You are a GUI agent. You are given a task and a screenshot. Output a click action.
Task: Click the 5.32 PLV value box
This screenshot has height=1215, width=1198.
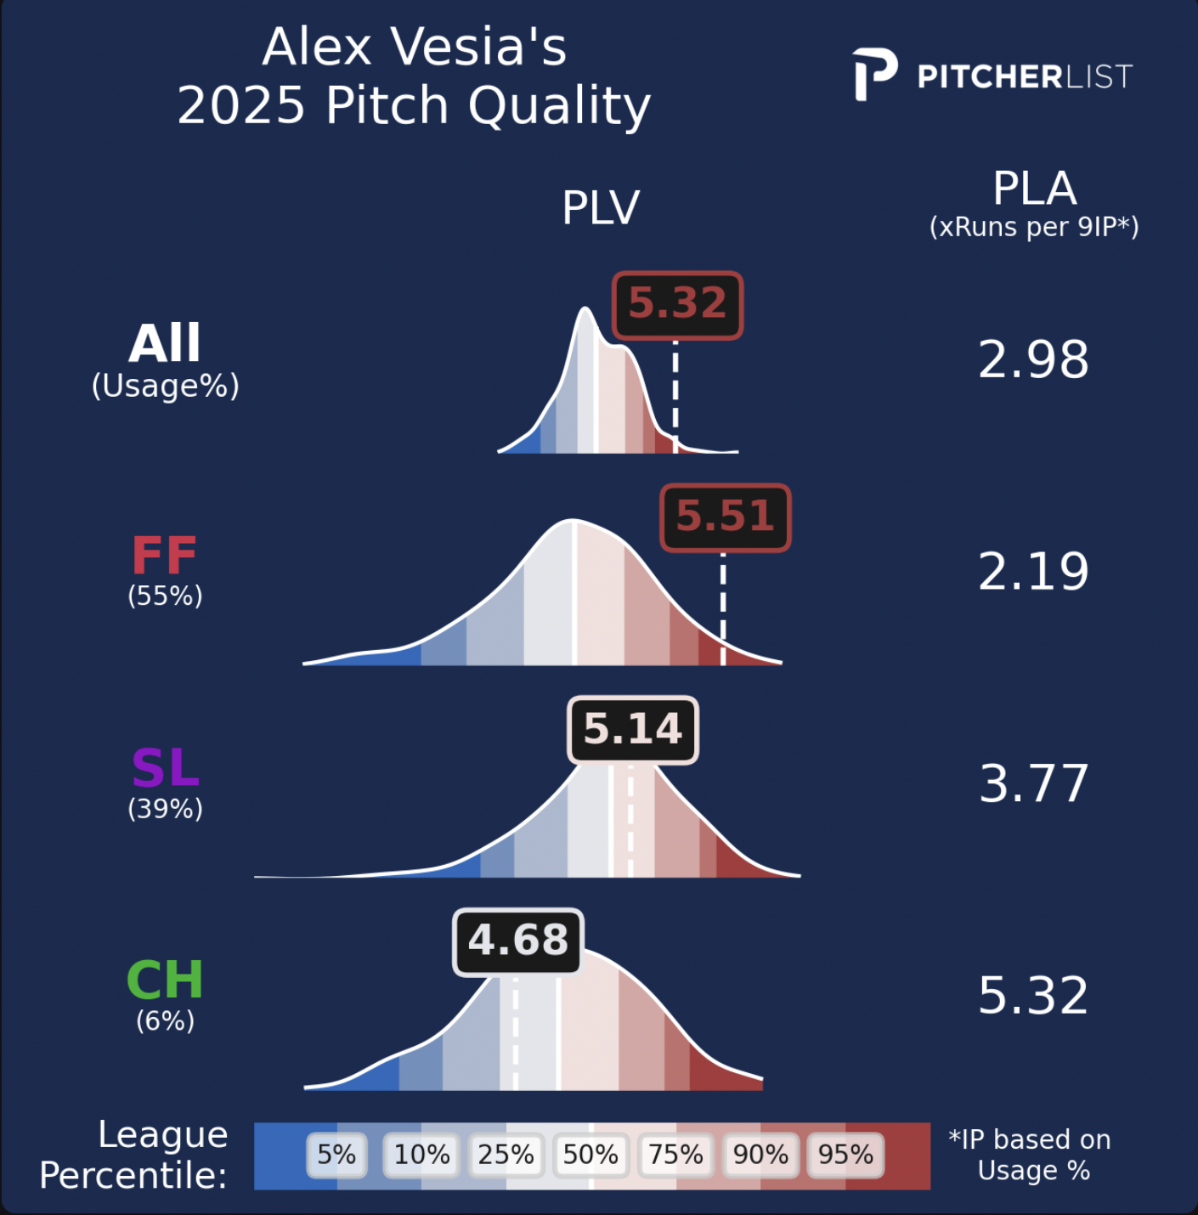coord(677,304)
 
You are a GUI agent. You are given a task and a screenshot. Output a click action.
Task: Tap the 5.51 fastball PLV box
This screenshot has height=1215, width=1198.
coord(725,517)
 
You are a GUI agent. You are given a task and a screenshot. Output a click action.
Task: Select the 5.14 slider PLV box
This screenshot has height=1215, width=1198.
coord(633,729)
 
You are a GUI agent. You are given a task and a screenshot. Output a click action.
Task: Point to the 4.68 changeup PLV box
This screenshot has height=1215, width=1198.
coord(518,941)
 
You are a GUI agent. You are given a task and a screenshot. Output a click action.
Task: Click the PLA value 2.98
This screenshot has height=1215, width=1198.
coord(1033,359)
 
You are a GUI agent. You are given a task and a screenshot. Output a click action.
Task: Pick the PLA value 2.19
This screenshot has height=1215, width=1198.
coord(1033,571)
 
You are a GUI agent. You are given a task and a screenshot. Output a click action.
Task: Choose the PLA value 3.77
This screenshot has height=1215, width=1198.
coord(1033,783)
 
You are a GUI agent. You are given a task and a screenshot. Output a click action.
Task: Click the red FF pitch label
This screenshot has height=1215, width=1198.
coord(165,556)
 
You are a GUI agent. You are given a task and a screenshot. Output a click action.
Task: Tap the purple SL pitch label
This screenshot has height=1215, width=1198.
coord(165,768)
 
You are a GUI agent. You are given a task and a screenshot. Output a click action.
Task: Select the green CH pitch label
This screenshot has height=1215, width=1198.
coord(165,980)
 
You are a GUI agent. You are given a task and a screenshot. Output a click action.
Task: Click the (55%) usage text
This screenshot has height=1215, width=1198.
coord(165,596)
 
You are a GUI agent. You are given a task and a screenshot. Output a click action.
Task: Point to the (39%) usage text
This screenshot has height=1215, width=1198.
coord(165,808)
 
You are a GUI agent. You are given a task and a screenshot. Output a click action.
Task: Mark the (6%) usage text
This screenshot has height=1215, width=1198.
coord(165,1020)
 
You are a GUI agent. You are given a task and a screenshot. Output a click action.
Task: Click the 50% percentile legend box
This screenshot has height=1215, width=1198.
coord(591,1155)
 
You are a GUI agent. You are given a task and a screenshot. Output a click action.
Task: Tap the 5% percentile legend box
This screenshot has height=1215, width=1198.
coord(336,1155)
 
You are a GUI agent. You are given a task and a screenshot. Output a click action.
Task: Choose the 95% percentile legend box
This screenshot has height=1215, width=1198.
coord(845,1155)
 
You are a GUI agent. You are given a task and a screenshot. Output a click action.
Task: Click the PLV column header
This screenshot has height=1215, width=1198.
coord(601,207)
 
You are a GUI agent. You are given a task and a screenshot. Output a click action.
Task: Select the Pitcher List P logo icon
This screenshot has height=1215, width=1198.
coord(874,75)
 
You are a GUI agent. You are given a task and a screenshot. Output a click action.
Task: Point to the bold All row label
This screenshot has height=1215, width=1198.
coord(165,343)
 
